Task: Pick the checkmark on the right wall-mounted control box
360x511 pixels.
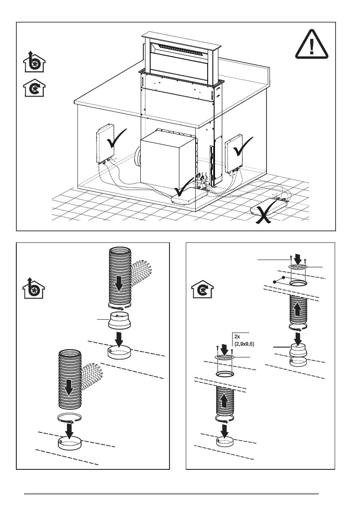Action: (x=245, y=148)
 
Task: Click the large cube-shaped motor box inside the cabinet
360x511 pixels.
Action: (x=167, y=159)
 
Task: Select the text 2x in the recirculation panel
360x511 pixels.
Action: (x=237, y=337)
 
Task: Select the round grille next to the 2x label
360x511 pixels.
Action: (x=224, y=357)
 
